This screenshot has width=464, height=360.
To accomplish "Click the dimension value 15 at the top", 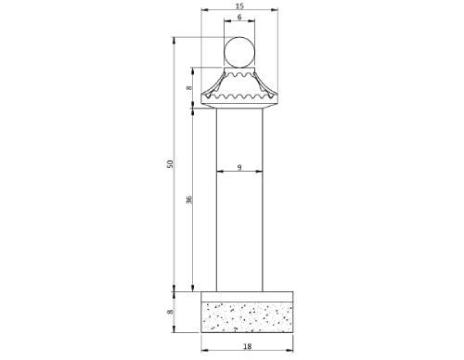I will (239, 6).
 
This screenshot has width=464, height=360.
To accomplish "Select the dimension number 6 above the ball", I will (239, 18).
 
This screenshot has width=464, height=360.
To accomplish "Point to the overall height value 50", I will (169, 164).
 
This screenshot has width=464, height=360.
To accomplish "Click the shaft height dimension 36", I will (188, 199).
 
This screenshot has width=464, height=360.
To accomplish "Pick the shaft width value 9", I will (239, 167).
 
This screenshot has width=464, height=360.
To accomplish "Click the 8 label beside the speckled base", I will (169, 313).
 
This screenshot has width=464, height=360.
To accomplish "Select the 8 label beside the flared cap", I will (188, 88).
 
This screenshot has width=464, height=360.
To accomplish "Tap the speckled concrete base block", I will (247, 316).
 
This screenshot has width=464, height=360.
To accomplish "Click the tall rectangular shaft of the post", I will (239, 232).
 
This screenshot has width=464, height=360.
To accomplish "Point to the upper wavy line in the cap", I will (239, 75).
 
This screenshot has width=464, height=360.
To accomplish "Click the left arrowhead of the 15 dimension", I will (204, 10).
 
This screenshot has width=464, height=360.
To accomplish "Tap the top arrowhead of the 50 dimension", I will (174, 39).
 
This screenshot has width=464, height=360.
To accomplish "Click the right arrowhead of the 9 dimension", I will (260, 172).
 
